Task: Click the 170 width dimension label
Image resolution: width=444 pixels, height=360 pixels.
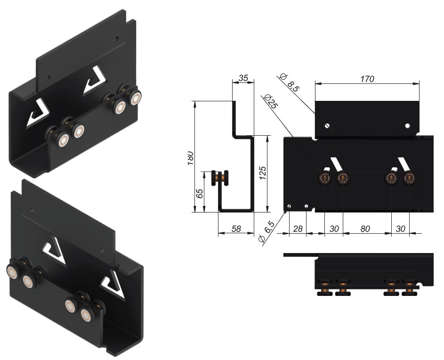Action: coord(367,79)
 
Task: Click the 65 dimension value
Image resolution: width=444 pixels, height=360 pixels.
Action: coord(199,193)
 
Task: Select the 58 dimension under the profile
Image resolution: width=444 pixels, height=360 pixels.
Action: coord(236,229)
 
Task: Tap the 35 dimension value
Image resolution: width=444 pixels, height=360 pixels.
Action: coord(243,78)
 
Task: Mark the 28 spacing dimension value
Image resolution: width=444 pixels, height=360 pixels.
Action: coord(298,229)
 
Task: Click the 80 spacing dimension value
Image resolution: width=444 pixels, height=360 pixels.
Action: coord(365,229)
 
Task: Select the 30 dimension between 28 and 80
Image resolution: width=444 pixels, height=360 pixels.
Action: coord(334,229)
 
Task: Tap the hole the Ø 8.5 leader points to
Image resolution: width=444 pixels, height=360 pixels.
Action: coord(327,126)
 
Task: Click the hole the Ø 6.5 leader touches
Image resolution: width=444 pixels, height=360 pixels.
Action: coord(289,206)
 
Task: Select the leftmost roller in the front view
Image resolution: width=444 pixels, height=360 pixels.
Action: coord(325,178)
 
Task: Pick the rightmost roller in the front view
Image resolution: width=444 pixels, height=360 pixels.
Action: coord(409,178)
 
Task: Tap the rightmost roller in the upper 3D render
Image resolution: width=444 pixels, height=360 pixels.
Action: coord(136,98)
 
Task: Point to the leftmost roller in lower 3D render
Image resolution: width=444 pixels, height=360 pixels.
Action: coord(13,271)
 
